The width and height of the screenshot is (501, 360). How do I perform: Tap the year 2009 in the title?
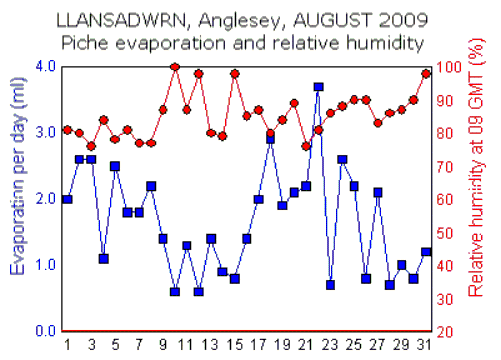coord(396,19)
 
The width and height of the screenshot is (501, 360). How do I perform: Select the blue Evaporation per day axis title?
coord(17,198)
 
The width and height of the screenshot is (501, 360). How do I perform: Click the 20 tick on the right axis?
coord(453,331)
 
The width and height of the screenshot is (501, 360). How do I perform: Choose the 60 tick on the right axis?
coord(453,199)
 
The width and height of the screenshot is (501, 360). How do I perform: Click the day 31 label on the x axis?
coord(426,345)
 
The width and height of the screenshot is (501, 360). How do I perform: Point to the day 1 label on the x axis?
coord(67,345)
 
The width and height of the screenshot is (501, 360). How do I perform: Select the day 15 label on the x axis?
coord(235,345)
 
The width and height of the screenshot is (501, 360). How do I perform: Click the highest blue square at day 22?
coord(318,88)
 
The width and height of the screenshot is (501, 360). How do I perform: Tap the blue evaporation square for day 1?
coord(67,199)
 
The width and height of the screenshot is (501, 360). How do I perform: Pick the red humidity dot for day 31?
coord(426,73)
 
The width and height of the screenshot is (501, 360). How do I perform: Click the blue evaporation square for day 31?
coord(426,252)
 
